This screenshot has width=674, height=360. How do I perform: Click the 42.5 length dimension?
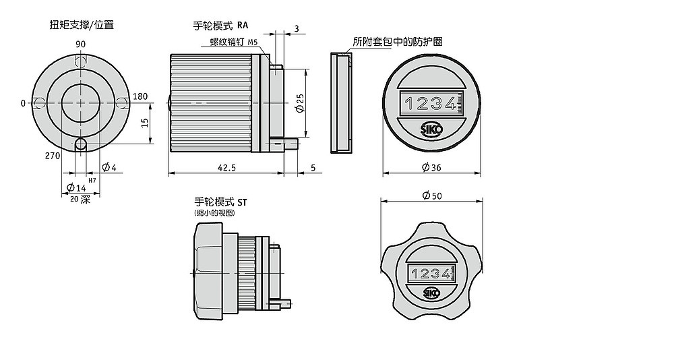(226, 167)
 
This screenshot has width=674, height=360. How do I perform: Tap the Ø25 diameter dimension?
(301, 103)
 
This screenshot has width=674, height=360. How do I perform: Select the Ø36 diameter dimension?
(431, 167)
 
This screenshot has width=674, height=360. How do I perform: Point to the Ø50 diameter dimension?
(432, 196)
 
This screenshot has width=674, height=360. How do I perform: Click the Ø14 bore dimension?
(77, 187)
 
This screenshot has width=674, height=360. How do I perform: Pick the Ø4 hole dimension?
(109, 167)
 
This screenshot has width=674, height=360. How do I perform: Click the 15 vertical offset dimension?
(145, 123)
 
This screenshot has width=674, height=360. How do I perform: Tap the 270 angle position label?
(53, 156)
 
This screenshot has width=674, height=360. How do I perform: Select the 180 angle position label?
(140, 96)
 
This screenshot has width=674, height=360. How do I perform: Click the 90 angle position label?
(80, 44)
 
